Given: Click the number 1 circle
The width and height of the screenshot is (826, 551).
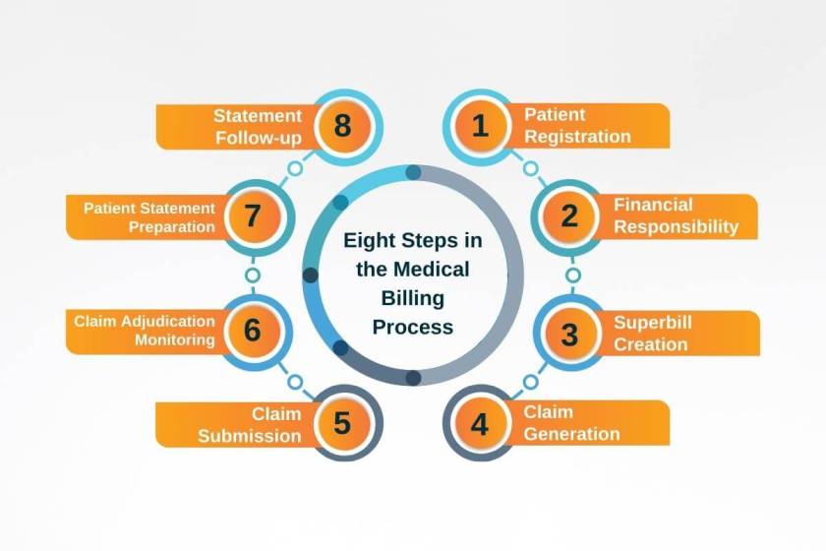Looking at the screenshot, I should pyautogui.click(x=480, y=126).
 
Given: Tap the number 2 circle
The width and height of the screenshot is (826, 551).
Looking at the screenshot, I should pyautogui.click(x=569, y=216).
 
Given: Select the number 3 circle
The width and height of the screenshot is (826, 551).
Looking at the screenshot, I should pyautogui.click(x=569, y=333).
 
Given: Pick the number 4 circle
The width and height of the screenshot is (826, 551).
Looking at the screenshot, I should pyautogui.click(x=480, y=424).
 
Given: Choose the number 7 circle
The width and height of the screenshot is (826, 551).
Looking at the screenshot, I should pyautogui.click(x=253, y=216).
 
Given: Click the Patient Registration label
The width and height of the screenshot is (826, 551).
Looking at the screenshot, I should pyautogui.click(x=577, y=126).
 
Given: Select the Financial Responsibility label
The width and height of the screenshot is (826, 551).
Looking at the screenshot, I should pyautogui.click(x=676, y=216).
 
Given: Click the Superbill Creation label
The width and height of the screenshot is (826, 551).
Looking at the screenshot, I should pyautogui.click(x=651, y=333).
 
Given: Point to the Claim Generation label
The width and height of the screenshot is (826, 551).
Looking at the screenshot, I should pyautogui.click(x=571, y=423).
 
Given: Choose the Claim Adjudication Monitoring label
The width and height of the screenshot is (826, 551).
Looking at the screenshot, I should pyautogui.click(x=145, y=331).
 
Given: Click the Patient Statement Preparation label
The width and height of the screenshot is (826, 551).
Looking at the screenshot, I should pyautogui.click(x=148, y=216).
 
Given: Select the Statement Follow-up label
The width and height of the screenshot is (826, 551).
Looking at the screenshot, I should pyautogui.click(x=258, y=127).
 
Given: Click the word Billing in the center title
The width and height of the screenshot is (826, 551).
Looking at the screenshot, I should pyautogui.click(x=413, y=297).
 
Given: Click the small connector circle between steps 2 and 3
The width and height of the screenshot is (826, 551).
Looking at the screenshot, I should pyautogui.click(x=572, y=275).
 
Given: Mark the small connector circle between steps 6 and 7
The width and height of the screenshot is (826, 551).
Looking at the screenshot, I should pyautogui.click(x=252, y=275).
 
